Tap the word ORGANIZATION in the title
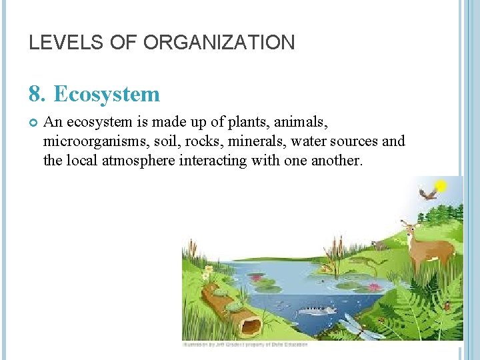pos(219,43)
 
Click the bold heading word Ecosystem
pos(107,94)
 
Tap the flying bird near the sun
pos(428,194)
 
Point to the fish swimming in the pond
pos(315,310)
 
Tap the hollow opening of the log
pos(251,327)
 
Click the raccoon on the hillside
pos(380,245)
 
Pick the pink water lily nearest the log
pos(256,277)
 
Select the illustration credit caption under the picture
pos(245,345)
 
